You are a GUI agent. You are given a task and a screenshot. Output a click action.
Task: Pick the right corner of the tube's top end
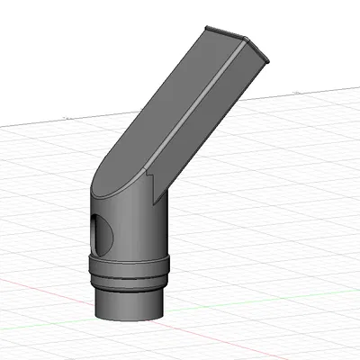click(269, 60)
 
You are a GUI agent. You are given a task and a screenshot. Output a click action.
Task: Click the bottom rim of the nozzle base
click(130, 319)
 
